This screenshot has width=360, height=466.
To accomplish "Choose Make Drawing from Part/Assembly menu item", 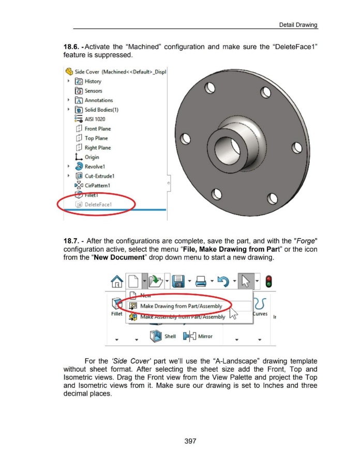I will [x=177, y=306].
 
